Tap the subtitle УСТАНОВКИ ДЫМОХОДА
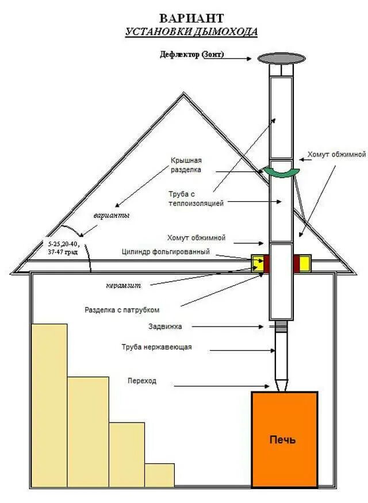pos(191,32)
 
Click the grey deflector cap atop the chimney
pos(281,58)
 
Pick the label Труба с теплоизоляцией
pos(195,198)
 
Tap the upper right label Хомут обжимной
pos(336,154)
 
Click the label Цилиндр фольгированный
pos(166,252)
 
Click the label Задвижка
pos(165,327)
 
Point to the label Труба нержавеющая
pos(156,347)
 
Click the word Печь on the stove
pos(283,440)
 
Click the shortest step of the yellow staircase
pos(159,475)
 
